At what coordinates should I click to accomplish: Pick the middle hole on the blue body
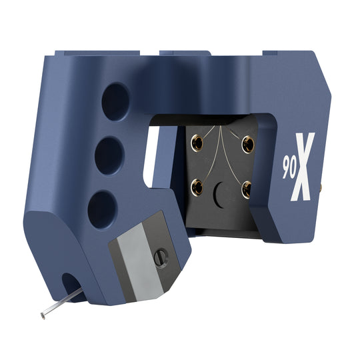(x=109, y=157)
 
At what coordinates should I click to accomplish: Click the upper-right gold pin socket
(x=248, y=142)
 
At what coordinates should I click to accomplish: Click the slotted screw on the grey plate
(x=161, y=256)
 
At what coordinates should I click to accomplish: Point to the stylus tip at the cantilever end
(x=43, y=315)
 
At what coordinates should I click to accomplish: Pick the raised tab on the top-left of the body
(x=73, y=53)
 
